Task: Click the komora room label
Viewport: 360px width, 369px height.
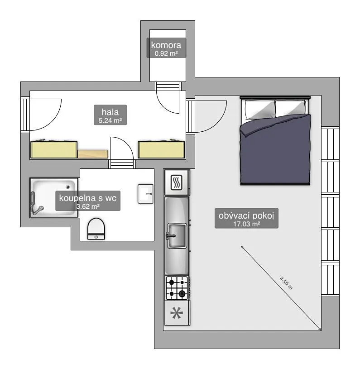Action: [166, 48]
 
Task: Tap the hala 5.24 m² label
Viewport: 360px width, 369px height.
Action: [110, 115]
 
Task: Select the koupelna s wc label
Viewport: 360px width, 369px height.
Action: [88, 201]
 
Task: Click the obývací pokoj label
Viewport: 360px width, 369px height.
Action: [246, 218]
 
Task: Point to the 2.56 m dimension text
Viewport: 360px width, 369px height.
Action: [286, 283]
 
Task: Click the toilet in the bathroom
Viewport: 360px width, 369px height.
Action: [96, 229]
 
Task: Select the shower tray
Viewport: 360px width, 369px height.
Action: [54, 198]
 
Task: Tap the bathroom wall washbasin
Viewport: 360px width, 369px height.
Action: [145, 194]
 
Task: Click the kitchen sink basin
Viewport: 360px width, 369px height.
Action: [177, 236]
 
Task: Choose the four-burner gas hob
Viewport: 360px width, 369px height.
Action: [177, 288]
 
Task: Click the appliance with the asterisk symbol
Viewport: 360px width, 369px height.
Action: [177, 313]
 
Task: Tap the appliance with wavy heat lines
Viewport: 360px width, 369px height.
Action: [177, 182]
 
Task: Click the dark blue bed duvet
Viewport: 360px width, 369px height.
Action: [275, 149]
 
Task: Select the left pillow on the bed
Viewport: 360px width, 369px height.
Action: [260, 109]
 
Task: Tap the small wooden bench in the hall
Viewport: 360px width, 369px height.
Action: [93, 154]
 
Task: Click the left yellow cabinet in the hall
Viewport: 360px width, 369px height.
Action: [54, 150]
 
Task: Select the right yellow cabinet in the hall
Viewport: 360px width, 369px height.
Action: [161, 150]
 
